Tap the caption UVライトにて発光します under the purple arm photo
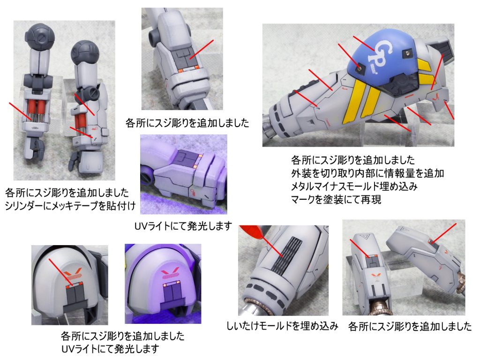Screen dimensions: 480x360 [183, 226]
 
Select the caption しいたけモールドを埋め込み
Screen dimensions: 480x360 [282, 326]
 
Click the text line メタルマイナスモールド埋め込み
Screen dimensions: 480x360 [354, 186]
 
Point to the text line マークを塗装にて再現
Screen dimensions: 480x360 [336, 199]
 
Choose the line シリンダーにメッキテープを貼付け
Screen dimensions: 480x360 [70, 206]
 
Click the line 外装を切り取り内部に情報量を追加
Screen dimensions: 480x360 [367, 173]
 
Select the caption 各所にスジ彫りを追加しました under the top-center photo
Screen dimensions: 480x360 [187, 123]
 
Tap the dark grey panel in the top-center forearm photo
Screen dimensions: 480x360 [185, 58]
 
